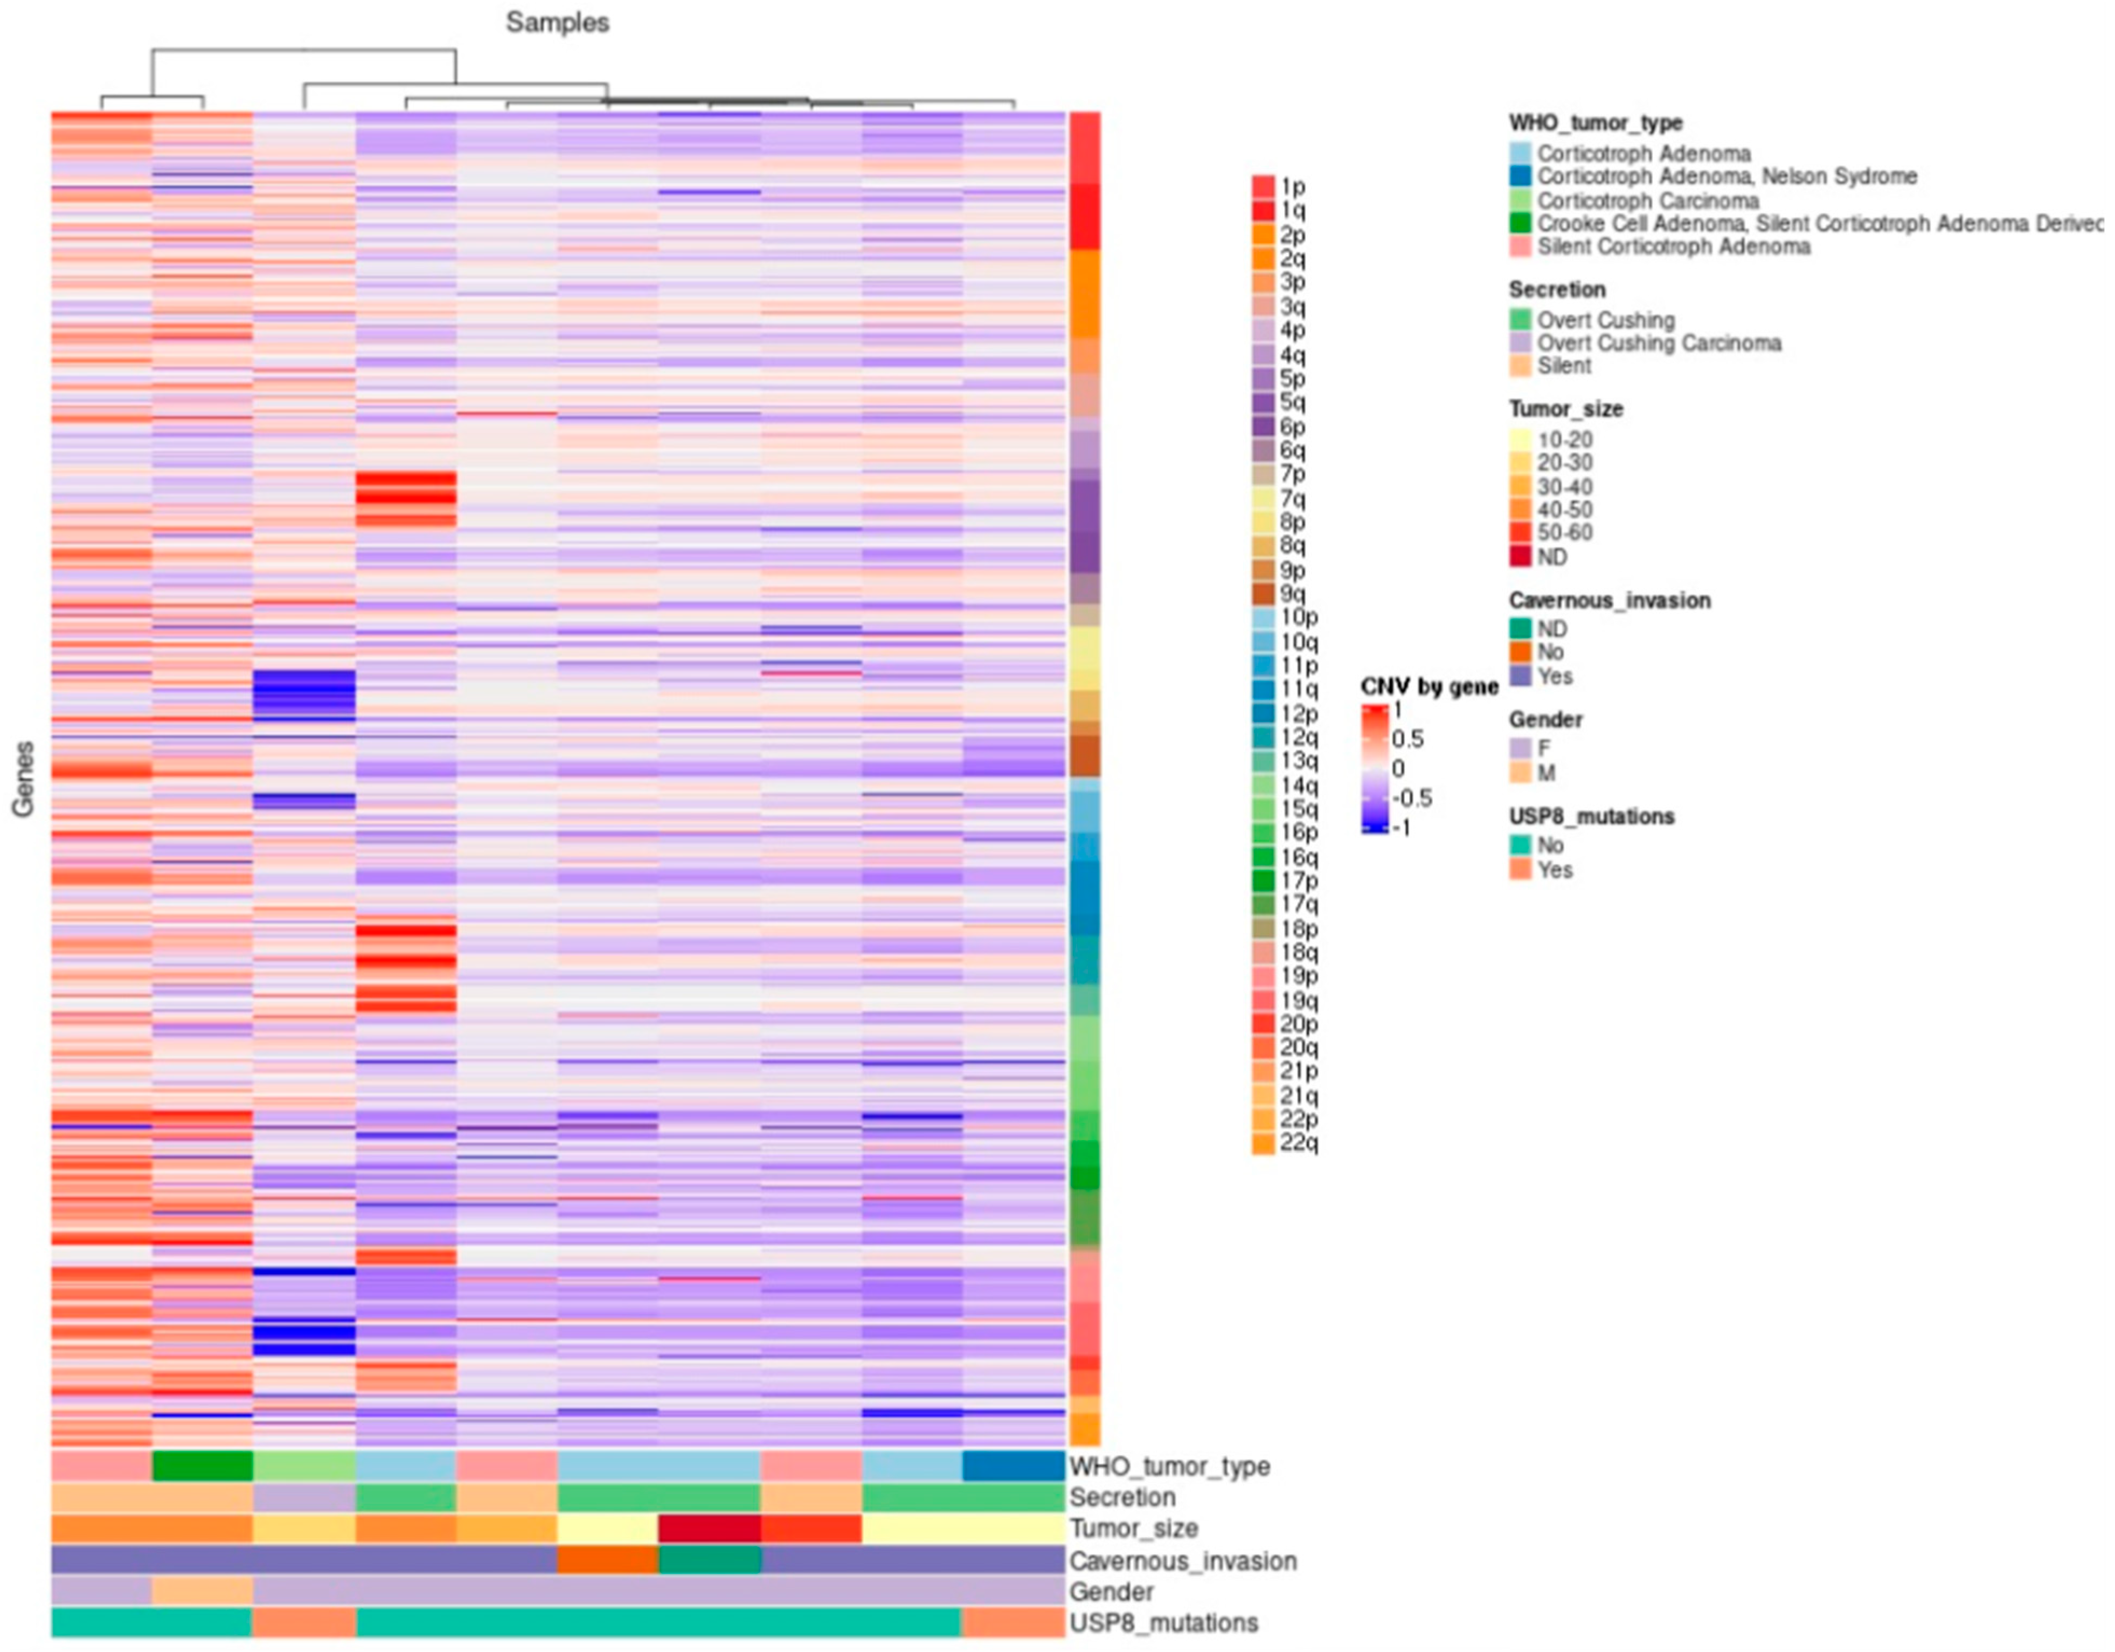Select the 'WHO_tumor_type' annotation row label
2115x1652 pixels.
pyautogui.click(x=1169, y=1466)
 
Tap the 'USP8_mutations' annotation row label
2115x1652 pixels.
pyautogui.click(x=1163, y=1623)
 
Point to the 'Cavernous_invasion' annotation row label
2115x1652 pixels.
pyautogui.click(x=1182, y=1561)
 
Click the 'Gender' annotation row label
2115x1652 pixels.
pyautogui.click(x=1111, y=1592)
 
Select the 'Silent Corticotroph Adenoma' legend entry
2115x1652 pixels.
pyautogui.click(x=1673, y=247)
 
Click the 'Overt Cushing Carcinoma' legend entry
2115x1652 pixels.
pyautogui.click(x=1658, y=343)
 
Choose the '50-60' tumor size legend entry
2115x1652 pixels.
pyautogui.click(x=1564, y=532)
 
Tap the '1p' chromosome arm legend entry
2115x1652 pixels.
pyautogui.click(x=1292, y=186)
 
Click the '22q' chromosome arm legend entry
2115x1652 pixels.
pyautogui.click(x=1298, y=1143)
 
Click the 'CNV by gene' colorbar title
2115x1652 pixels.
pyautogui.click(x=1429, y=686)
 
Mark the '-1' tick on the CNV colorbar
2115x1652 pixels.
pyautogui.click(x=1400, y=828)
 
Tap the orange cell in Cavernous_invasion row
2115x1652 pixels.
pyautogui.click(x=607, y=1560)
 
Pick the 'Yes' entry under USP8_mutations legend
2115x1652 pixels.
pyautogui.click(x=1554, y=870)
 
